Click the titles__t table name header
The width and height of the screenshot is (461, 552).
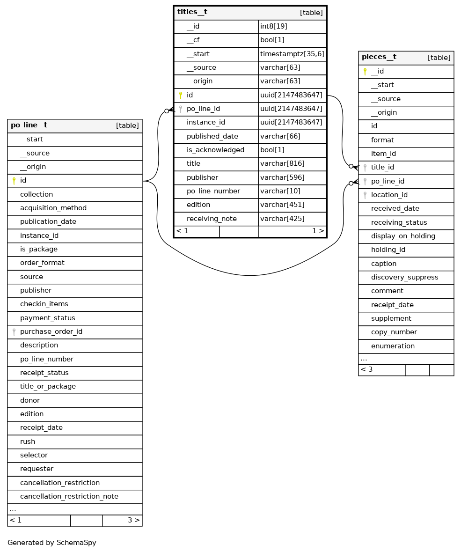pyautogui.click(x=192, y=12)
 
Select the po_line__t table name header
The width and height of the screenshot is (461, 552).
pyautogui.click(x=29, y=125)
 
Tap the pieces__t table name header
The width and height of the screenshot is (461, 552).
pyautogui.click(x=379, y=57)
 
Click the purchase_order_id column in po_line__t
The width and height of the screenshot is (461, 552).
pyautogui.click(x=51, y=331)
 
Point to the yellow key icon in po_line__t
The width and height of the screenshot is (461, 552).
pyautogui.click(x=14, y=181)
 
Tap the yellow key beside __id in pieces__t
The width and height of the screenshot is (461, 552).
pyautogui.click(x=365, y=72)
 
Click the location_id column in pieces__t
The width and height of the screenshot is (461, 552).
pyautogui.click(x=389, y=195)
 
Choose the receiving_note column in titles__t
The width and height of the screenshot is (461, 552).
pyautogui.click(x=212, y=219)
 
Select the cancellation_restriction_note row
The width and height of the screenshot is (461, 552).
pyautogui.click(x=69, y=496)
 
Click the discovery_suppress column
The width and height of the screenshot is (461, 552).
pyautogui.click(x=404, y=277)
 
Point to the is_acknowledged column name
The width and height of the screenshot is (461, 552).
pyautogui.click(x=215, y=150)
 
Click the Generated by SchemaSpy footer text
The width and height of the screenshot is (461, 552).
pyautogui.click(x=52, y=543)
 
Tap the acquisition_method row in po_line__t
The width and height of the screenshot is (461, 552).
pyautogui.click(x=53, y=208)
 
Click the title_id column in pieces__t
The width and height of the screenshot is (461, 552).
pyautogui.click(x=382, y=167)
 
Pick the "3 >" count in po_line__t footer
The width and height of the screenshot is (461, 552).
pyautogui.click(x=133, y=520)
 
